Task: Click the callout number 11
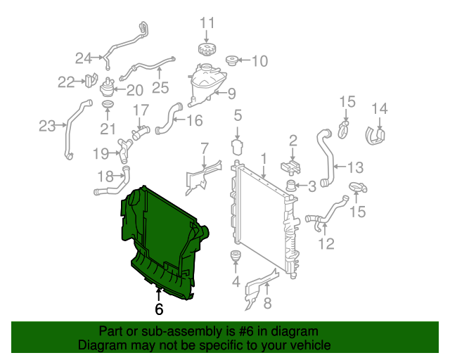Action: (x=206, y=23)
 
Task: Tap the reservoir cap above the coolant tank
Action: (x=206, y=51)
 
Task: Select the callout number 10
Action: (x=259, y=61)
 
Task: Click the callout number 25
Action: (x=161, y=88)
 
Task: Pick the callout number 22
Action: (x=66, y=82)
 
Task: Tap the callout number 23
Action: (x=47, y=127)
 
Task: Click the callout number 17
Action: (x=141, y=110)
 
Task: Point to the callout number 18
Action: (x=105, y=176)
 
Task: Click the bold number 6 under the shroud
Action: (x=159, y=309)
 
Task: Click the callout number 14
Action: (x=380, y=108)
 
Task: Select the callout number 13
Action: (x=355, y=167)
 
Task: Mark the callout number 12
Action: (x=326, y=244)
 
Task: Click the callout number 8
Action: (x=266, y=304)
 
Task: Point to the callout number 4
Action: (x=236, y=283)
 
